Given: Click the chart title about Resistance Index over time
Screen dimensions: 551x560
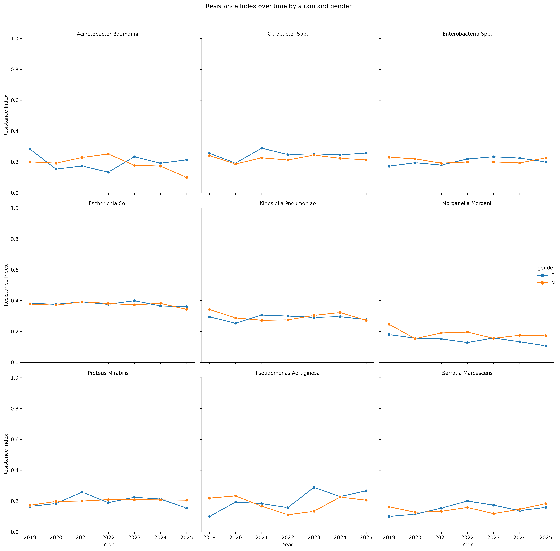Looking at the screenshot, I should (x=278, y=6).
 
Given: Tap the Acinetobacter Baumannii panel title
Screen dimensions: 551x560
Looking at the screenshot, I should (x=108, y=34).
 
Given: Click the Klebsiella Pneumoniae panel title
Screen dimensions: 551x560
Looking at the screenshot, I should (x=288, y=203).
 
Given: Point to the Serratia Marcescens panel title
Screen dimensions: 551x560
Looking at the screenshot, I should (x=467, y=373).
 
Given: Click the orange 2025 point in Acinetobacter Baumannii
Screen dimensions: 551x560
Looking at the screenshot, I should (x=187, y=177).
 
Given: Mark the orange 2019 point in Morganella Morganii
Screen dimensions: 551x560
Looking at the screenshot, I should (x=389, y=324).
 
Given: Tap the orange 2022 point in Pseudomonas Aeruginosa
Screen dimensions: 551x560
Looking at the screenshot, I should (x=288, y=515).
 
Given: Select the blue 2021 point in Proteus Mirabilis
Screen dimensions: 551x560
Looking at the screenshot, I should (x=82, y=492).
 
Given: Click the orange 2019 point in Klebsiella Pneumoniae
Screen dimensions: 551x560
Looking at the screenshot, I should (x=210, y=310).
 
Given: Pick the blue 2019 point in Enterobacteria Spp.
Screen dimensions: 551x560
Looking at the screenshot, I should (x=389, y=166).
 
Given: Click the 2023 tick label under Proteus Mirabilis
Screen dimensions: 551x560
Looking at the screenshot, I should (x=134, y=538).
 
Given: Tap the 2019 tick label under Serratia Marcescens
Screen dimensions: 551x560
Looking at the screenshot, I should (x=389, y=538).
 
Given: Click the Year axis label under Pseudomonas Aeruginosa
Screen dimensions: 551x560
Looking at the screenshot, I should (x=288, y=545).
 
